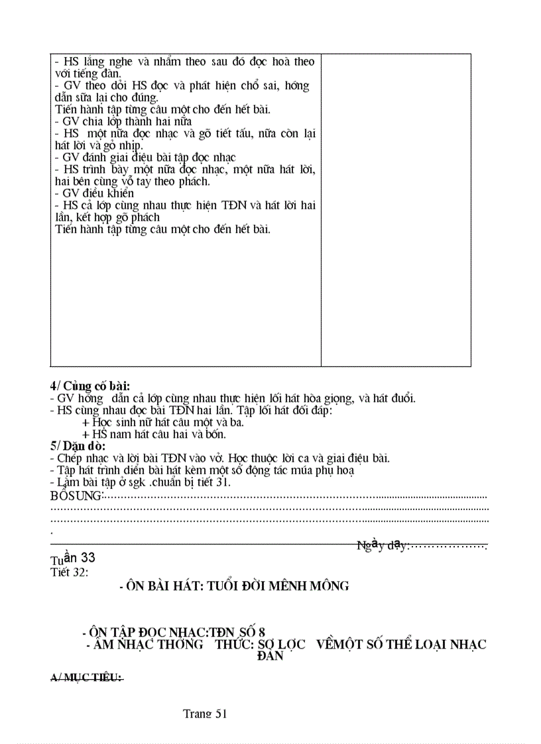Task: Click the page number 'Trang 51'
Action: point(206,714)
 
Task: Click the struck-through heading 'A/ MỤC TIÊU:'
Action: point(86,678)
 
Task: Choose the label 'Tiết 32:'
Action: point(69,572)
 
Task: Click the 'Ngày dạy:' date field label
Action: point(383,545)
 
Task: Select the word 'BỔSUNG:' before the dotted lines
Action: point(77,496)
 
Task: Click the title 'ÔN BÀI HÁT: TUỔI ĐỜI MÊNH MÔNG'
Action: point(233,586)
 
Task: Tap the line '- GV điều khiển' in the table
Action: point(94,193)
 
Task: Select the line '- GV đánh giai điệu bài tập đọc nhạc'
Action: point(145,158)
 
